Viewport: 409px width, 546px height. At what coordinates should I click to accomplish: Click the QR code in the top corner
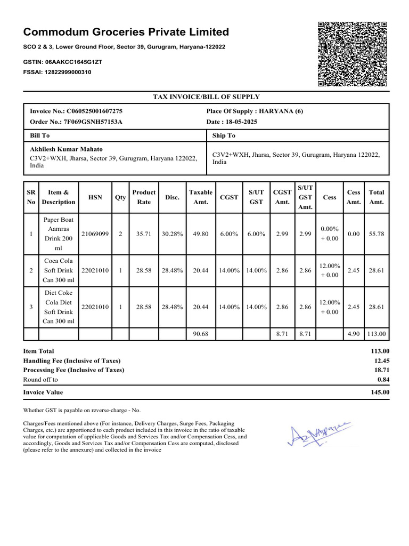[351, 54]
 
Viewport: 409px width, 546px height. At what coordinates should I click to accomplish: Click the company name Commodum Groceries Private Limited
[126, 32]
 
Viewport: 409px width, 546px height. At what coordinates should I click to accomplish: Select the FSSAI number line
[57, 72]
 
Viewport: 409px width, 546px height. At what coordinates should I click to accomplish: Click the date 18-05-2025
[231, 122]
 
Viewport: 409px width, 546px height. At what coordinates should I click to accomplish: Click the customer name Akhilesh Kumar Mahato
[67, 149]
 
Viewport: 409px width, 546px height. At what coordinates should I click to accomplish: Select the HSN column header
[95, 197]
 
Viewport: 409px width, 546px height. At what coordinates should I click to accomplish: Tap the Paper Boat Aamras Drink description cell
[59, 234]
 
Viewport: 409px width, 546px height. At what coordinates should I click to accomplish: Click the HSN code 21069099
[95, 234]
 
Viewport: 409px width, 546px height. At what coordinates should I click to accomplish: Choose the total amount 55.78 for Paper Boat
[377, 234]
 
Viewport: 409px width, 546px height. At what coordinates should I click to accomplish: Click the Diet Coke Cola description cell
[59, 307]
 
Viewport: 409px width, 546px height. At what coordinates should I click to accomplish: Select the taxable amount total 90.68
[200, 334]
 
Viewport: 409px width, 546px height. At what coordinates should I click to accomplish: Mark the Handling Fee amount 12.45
[382, 360]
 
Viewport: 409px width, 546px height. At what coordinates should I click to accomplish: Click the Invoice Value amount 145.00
[380, 392]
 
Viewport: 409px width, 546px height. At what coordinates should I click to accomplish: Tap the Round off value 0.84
[383, 380]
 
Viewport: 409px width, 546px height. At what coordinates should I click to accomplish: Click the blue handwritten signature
[318, 433]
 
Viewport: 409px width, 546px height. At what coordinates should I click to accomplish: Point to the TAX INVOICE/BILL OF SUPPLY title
[207, 97]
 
